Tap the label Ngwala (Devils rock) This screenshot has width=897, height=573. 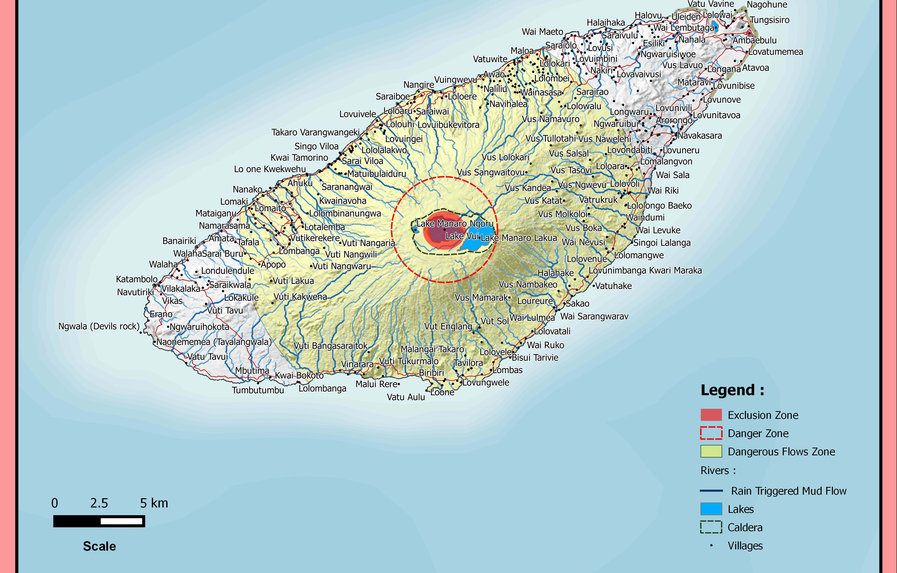pyautogui.click(x=99, y=326)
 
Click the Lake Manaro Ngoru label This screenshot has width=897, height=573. pyautogui.click(x=455, y=224)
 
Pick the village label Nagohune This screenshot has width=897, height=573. pyautogui.click(x=767, y=5)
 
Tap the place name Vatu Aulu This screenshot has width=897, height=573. pyautogui.click(x=406, y=397)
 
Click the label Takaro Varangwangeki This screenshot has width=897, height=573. pyautogui.click(x=315, y=133)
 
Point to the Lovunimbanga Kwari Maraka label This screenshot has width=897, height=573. pyautogui.click(x=645, y=271)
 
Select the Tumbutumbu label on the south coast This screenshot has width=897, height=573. pyautogui.click(x=258, y=390)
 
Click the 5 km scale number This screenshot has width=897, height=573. pyautogui.click(x=154, y=503)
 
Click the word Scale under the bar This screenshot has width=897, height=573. pyautogui.click(x=100, y=546)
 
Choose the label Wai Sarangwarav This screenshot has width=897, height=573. pyautogui.click(x=594, y=316)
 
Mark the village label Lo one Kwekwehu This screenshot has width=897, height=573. pyautogui.click(x=270, y=169)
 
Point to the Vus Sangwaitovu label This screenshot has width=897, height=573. pyautogui.click(x=491, y=172)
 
